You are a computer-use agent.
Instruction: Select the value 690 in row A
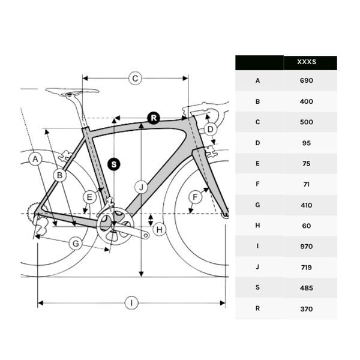(307, 80)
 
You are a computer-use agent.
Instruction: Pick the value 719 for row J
(307, 267)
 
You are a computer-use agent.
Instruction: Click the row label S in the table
(258, 288)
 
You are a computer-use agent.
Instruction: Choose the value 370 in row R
(307, 308)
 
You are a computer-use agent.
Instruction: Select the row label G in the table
(258, 205)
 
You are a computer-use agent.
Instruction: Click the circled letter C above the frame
(135, 78)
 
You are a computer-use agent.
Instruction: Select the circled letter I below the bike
(131, 303)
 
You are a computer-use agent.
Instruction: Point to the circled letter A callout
(35, 160)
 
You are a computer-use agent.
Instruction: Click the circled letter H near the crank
(159, 229)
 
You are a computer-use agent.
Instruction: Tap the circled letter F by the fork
(194, 197)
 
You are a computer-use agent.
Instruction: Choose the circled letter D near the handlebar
(210, 129)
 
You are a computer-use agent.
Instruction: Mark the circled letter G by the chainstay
(76, 244)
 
